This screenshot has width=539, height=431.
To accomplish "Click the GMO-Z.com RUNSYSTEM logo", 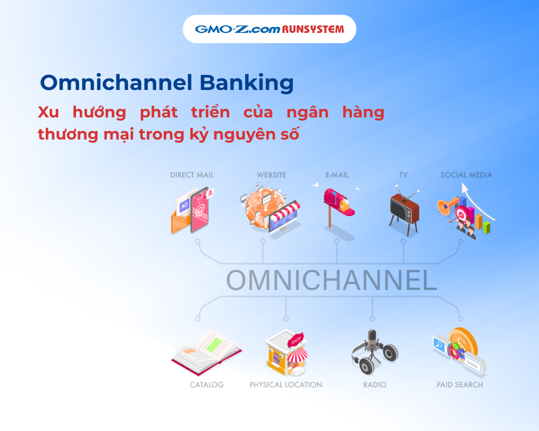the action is point(269,29).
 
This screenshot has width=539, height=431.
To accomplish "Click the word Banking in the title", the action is point(246,84).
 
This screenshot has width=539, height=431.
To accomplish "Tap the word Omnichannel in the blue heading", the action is point(116,82).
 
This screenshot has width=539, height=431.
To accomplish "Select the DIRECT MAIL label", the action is point(192,175).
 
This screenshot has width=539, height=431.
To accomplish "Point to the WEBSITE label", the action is point(271,175).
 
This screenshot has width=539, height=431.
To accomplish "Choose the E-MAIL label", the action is point(337,175).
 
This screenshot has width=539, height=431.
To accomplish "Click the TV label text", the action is point(403,175).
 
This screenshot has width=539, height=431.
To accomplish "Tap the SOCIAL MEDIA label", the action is point(466,175).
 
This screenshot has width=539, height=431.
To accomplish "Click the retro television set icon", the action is point(404,210).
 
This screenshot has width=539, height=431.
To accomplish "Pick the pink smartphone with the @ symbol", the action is point(200,210).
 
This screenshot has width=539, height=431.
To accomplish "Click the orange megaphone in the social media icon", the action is point(447,206).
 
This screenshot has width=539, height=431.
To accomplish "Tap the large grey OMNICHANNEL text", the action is point(331,280).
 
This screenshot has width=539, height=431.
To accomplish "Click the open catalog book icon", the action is point(206,352).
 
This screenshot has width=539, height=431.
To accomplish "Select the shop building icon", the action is point(286,353).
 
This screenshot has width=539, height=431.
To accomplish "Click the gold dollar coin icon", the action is point(464,341).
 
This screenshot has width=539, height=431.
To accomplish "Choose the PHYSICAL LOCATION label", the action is point(286,385).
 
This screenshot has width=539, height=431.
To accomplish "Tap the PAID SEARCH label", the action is point(460,385).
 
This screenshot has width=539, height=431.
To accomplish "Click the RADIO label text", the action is point(375,385).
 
